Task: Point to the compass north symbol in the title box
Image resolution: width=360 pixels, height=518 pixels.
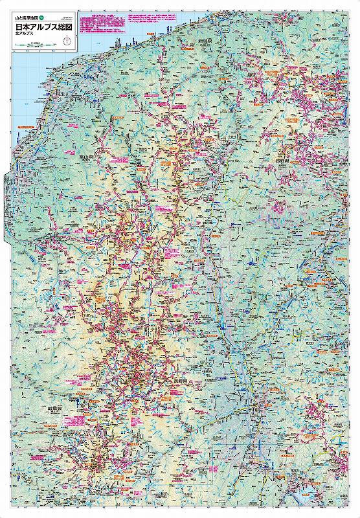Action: click(x=66, y=41)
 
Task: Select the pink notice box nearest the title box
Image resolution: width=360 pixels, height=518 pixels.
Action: click(x=97, y=22)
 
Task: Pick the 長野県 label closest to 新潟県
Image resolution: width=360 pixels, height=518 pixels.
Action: click(x=283, y=155)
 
